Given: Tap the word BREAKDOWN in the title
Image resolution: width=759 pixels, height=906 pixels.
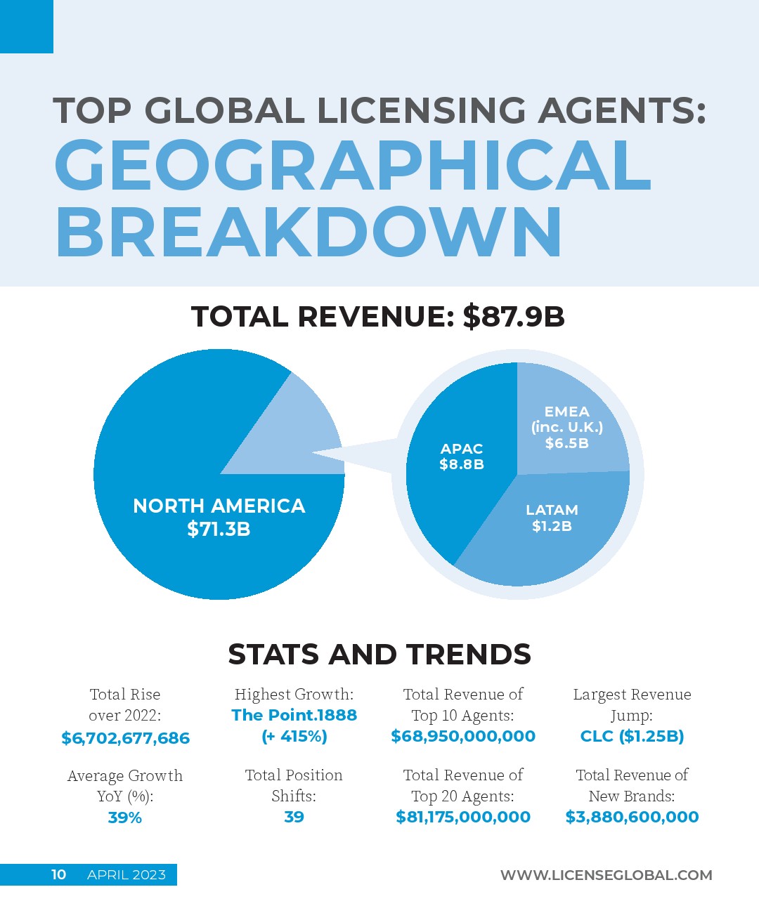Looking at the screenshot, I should [309, 232].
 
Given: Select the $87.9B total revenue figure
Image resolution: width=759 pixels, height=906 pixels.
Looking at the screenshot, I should [514, 317].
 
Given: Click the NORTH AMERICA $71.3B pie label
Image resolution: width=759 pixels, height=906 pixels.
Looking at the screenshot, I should [219, 517].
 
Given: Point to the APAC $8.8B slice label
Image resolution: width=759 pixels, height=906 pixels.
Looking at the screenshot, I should [462, 457].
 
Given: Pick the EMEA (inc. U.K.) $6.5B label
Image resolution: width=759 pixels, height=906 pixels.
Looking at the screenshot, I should [566, 427].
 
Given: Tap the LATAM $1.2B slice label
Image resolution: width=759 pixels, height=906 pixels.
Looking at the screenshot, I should [552, 518].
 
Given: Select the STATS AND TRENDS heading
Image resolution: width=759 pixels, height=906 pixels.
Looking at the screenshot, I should [379, 655].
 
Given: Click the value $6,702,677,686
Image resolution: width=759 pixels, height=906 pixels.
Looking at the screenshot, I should [125, 738].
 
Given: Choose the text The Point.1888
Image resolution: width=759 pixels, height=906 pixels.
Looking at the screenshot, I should [294, 715].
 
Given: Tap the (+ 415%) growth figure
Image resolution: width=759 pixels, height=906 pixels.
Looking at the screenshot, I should [294, 736].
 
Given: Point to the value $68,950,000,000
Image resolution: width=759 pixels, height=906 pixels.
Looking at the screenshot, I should [463, 736].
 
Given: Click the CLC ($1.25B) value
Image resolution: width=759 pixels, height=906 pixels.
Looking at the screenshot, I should [632, 736].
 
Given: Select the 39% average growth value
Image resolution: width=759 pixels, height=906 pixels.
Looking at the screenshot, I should [125, 818].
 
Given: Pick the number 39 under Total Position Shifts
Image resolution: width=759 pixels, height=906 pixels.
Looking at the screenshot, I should [294, 817].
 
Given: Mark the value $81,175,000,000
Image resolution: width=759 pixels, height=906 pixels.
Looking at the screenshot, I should [463, 817].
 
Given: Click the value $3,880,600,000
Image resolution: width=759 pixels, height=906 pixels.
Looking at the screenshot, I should [632, 817].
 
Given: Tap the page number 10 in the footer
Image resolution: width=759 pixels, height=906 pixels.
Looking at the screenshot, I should [58, 874].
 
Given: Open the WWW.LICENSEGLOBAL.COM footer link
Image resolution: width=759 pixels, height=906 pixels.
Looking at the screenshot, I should [606, 875].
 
